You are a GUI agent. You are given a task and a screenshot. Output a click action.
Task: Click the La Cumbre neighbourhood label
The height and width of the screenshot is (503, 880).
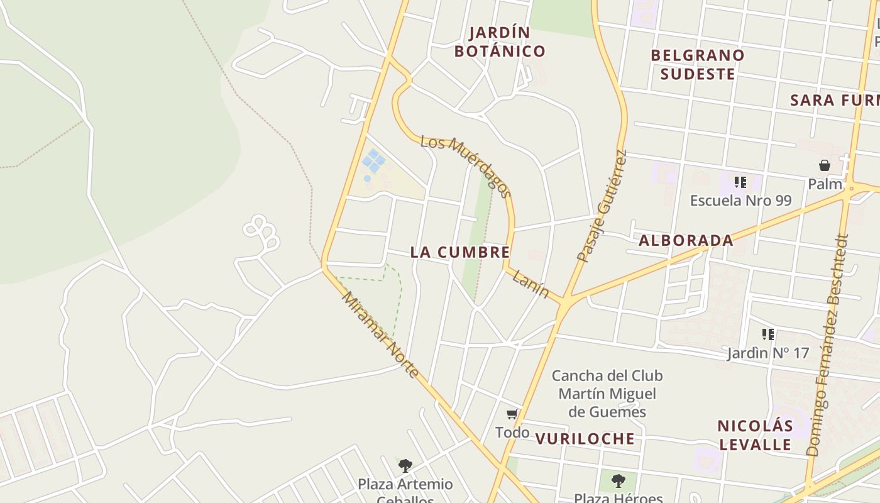click(x=459, y=252)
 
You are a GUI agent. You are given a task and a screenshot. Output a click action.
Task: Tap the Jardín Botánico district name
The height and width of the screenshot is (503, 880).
click(x=500, y=41)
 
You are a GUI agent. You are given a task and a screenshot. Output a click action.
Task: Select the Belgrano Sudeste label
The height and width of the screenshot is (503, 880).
click(x=697, y=64)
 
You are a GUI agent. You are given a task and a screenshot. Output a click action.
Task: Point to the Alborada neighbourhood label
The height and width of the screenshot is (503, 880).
click(x=686, y=240)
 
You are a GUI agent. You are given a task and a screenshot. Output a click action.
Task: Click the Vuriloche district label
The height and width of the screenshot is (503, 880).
click(x=585, y=439)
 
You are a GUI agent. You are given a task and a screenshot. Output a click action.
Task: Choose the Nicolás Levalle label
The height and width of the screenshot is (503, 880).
click(x=755, y=435)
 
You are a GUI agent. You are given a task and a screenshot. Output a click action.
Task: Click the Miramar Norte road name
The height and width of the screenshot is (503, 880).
click(x=380, y=334)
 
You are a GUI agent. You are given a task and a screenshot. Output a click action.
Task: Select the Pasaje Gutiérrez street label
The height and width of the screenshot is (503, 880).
click(x=602, y=206)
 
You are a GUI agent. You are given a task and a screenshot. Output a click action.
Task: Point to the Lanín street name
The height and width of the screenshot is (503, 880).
click(x=530, y=284)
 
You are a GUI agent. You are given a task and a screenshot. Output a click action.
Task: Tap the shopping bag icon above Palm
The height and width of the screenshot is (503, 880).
click(x=825, y=165)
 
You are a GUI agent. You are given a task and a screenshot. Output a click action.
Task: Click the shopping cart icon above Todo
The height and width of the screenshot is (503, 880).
click(x=512, y=414)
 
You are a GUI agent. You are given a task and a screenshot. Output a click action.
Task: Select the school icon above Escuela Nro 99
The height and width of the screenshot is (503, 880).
click(x=740, y=182)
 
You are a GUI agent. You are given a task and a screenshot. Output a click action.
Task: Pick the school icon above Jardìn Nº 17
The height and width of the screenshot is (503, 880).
click(x=767, y=334)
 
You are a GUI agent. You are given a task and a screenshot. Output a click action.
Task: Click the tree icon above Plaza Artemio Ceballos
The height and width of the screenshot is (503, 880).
click(x=405, y=466)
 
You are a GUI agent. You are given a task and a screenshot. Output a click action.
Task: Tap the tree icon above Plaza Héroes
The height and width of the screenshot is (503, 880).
click(x=618, y=481)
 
